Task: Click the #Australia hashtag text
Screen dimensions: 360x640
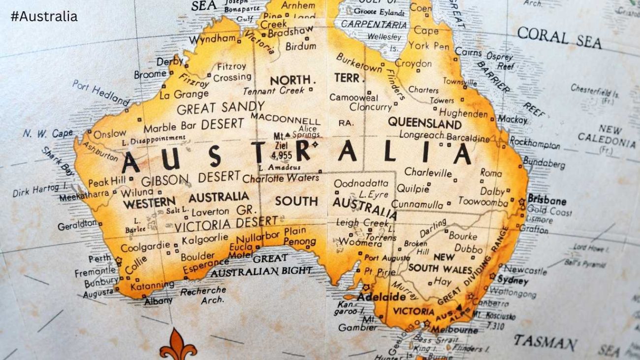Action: click(44, 16)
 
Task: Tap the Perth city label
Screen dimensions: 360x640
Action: click(99, 259)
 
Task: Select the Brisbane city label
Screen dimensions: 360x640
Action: click(546, 201)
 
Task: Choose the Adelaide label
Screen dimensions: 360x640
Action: click(381, 297)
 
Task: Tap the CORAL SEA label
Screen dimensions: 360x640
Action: click(559, 37)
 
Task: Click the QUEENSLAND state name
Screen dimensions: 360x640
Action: click(424, 123)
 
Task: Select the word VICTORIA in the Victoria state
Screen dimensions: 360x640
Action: click(414, 311)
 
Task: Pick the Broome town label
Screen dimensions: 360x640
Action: click(150, 74)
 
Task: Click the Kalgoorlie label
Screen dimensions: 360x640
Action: click(205, 239)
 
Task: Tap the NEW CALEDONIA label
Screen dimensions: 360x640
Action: click(607, 136)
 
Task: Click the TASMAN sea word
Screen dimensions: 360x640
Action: click(545, 342)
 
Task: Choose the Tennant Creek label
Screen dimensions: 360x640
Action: click(273, 91)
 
